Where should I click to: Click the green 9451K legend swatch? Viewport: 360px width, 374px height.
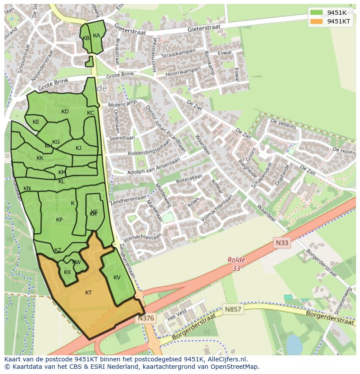tap(317, 13)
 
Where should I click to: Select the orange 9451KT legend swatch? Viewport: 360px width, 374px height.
tap(317, 21)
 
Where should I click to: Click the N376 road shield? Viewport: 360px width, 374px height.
tap(146, 318)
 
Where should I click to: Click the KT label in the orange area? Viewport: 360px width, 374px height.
tap(88, 293)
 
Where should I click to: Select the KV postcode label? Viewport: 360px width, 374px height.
tap(117, 278)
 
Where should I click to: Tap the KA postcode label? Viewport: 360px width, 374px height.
tap(97, 36)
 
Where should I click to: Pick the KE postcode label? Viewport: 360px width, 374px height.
tap(36, 122)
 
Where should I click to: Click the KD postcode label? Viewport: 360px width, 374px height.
tap(65, 112)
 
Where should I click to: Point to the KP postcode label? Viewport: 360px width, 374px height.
tap(59, 220)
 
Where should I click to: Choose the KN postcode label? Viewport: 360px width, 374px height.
tap(27, 189)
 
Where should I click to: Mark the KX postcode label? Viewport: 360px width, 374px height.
tap(67, 272)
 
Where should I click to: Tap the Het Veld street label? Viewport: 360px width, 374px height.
tap(177, 314)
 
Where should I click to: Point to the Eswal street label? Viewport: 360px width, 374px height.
tap(225, 53)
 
